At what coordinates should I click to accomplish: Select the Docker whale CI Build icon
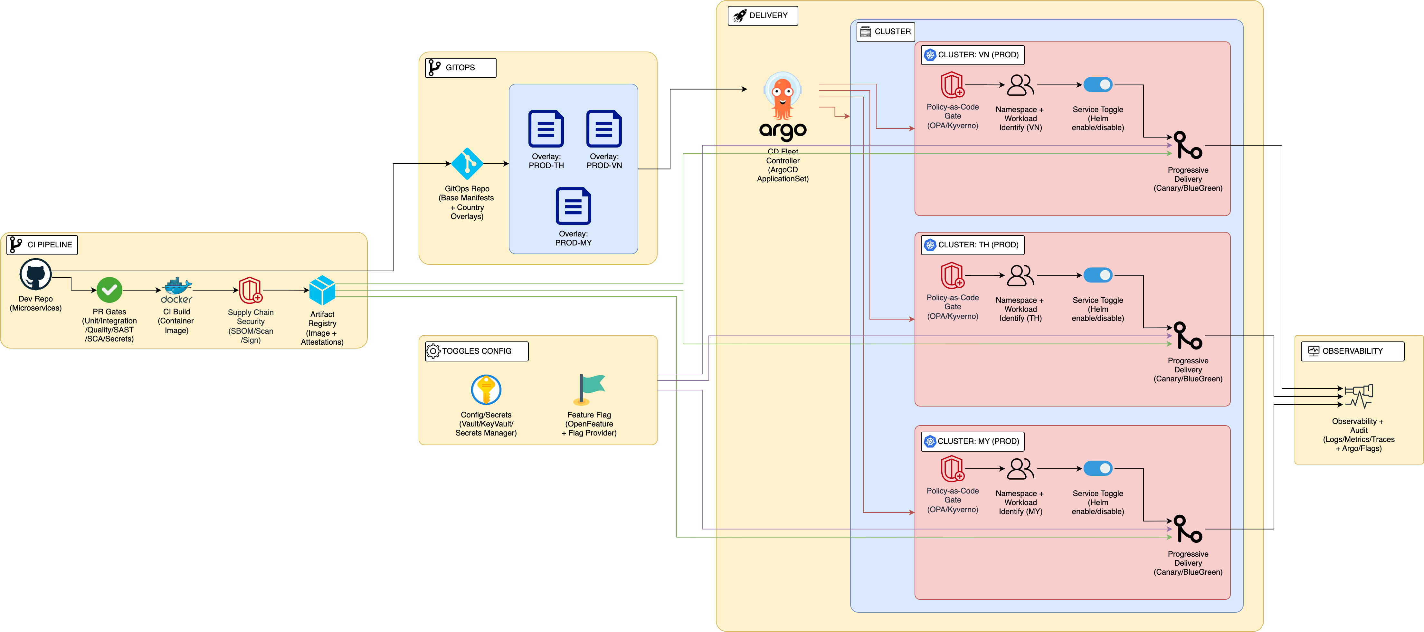tap(177, 290)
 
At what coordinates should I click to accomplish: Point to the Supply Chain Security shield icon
tap(251, 290)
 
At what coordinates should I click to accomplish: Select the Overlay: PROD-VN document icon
tap(604, 129)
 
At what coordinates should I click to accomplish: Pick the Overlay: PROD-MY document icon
tap(573, 206)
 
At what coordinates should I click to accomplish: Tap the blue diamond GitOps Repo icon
tap(467, 164)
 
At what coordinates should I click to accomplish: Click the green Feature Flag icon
tap(589, 389)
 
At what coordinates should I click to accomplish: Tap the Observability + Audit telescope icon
tap(1358, 396)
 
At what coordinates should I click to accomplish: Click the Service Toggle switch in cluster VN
tap(1098, 85)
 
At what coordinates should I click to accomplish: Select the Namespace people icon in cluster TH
tap(1021, 275)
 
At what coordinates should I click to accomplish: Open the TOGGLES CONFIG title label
tap(477, 351)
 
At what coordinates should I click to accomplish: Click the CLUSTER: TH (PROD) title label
tap(973, 245)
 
